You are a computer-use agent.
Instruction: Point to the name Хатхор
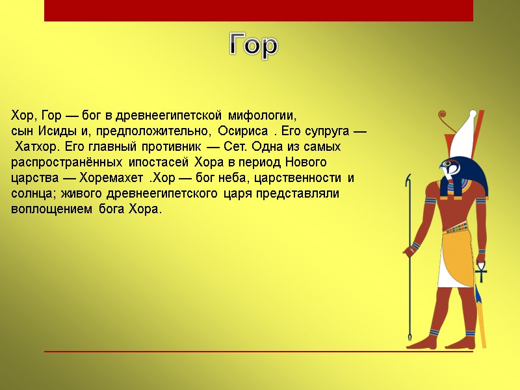coord(37,146)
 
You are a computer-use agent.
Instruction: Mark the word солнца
coord(34,194)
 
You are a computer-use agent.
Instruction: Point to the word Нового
coord(305,162)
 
